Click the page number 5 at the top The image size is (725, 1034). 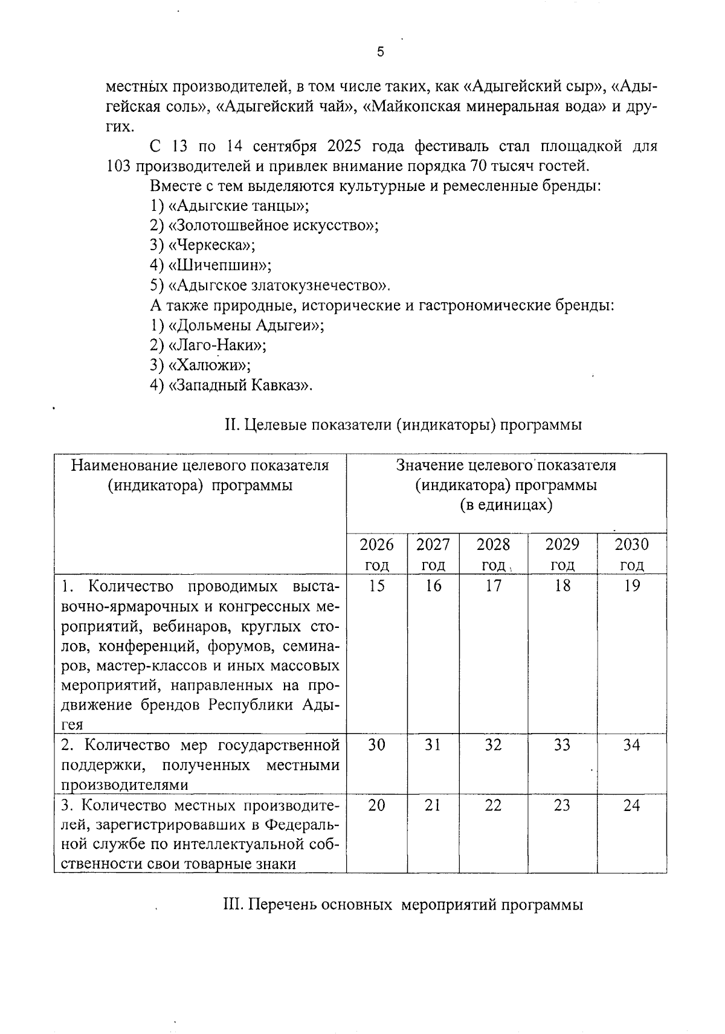click(380, 52)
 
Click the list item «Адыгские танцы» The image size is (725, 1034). click(239, 205)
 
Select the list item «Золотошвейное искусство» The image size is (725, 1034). click(273, 225)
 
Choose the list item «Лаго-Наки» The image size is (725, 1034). click(217, 345)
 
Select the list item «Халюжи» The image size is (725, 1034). click(209, 365)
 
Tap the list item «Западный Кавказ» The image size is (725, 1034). click(240, 385)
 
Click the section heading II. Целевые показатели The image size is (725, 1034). click(403, 425)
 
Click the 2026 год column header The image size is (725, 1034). click(376, 554)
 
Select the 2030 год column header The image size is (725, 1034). click(631, 554)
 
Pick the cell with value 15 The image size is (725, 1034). click(376, 586)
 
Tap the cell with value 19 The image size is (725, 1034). click(631, 586)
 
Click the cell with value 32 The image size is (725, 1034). click(493, 745)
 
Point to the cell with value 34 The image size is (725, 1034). click(631, 745)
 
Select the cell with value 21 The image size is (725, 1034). click(433, 805)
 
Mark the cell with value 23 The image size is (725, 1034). click(562, 805)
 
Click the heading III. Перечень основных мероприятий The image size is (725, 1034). click(403, 905)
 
